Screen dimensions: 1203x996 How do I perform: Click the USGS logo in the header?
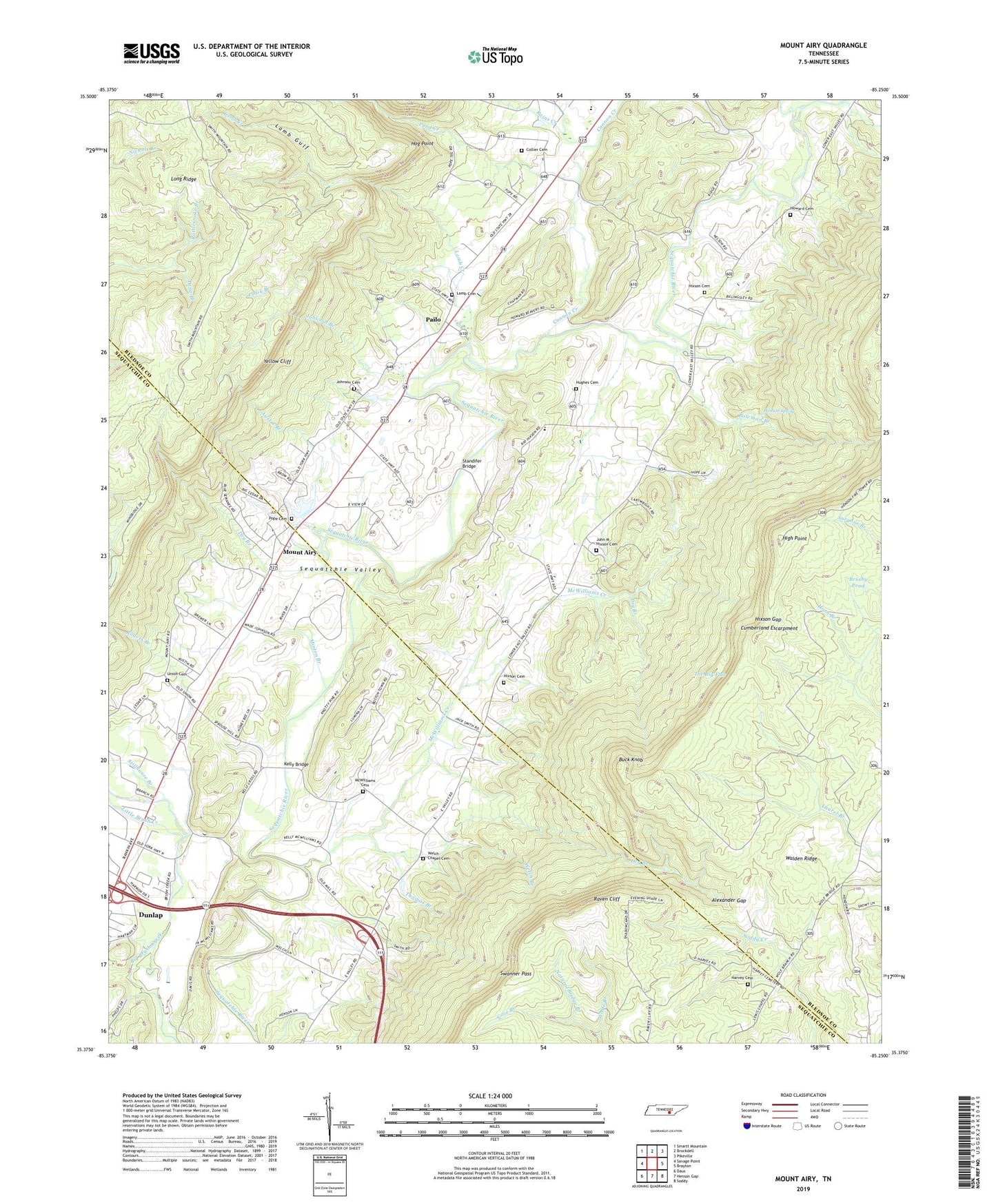[152, 53]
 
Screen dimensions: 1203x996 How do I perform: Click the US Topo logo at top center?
[495, 56]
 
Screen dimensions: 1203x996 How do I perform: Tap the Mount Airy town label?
[299, 553]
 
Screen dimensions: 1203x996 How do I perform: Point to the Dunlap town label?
[151, 915]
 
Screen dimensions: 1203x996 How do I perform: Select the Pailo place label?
[433, 320]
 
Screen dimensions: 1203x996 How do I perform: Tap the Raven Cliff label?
[607, 899]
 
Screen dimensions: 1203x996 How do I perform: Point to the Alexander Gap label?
[729, 901]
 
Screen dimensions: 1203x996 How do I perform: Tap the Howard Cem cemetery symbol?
[790, 215]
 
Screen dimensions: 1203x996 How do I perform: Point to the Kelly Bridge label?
[296, 765]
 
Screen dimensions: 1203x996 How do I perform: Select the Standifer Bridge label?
[469, 463]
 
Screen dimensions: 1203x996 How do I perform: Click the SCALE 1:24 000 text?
[490, 1096]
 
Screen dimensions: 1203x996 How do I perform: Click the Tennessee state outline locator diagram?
[668, 1111]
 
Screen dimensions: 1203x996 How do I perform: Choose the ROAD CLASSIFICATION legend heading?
[802, 1095]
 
